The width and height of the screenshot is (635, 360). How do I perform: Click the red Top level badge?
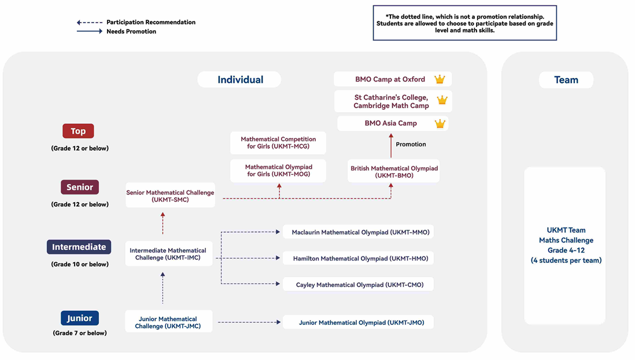pos(78,131)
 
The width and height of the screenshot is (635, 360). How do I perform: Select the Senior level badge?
pos(80,187)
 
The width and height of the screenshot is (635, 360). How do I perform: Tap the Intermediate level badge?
pos(79,247)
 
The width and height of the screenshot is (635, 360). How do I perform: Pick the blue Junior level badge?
pos(80,318)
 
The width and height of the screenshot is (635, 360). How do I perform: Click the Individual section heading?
pos(240,79)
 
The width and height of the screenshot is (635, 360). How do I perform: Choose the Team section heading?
pos(566,80)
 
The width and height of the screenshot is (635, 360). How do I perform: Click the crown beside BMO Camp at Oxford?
pos(440,79)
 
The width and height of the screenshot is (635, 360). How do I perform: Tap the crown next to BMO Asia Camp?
pos(440,123)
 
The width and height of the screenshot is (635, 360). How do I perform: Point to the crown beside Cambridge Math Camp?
pos(442,100)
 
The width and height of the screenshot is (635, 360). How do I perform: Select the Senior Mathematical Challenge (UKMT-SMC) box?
pos(170,196)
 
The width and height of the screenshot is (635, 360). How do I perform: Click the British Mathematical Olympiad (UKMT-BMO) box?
pos(394,171)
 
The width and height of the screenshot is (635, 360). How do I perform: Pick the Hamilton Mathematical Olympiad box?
pos(358,258)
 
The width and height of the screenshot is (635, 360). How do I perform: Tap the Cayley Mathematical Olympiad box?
pos(358,285)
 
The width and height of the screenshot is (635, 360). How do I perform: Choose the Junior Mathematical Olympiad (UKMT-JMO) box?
pos(358,322)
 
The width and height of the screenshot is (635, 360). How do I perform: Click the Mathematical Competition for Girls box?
pos(278,143)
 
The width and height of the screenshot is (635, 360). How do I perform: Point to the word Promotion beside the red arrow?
pos(411,144)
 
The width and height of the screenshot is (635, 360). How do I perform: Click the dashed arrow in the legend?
pos(90,23)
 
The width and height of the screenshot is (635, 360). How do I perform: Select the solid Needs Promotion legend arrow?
pos(90,31)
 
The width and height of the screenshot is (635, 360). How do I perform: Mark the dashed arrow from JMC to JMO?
pos(249,322)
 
